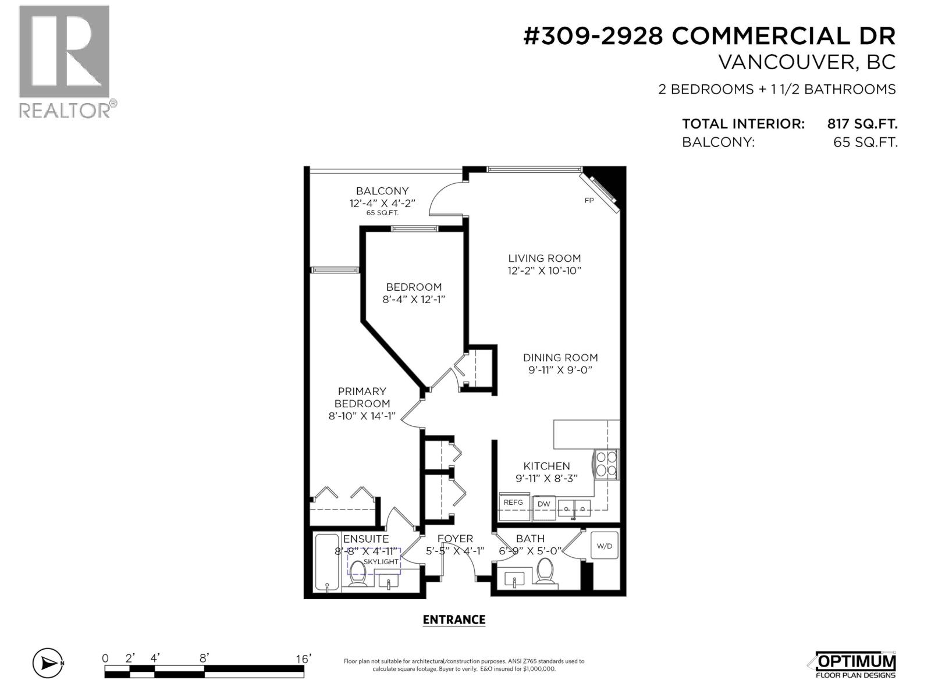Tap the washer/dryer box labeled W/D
point(605,546)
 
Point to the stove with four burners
point(606,464)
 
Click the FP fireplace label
point(589,201)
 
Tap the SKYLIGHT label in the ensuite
point(381,562)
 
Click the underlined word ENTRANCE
point(454,620)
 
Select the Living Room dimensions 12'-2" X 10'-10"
point(544,271)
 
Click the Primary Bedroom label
point(362,397)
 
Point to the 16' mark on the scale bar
point(303,659)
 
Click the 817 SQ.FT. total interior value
point(862,124)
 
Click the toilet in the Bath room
point(545,571)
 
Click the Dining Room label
point(560,358)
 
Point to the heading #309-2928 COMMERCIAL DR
point(709,36)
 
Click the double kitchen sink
point(574,508)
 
